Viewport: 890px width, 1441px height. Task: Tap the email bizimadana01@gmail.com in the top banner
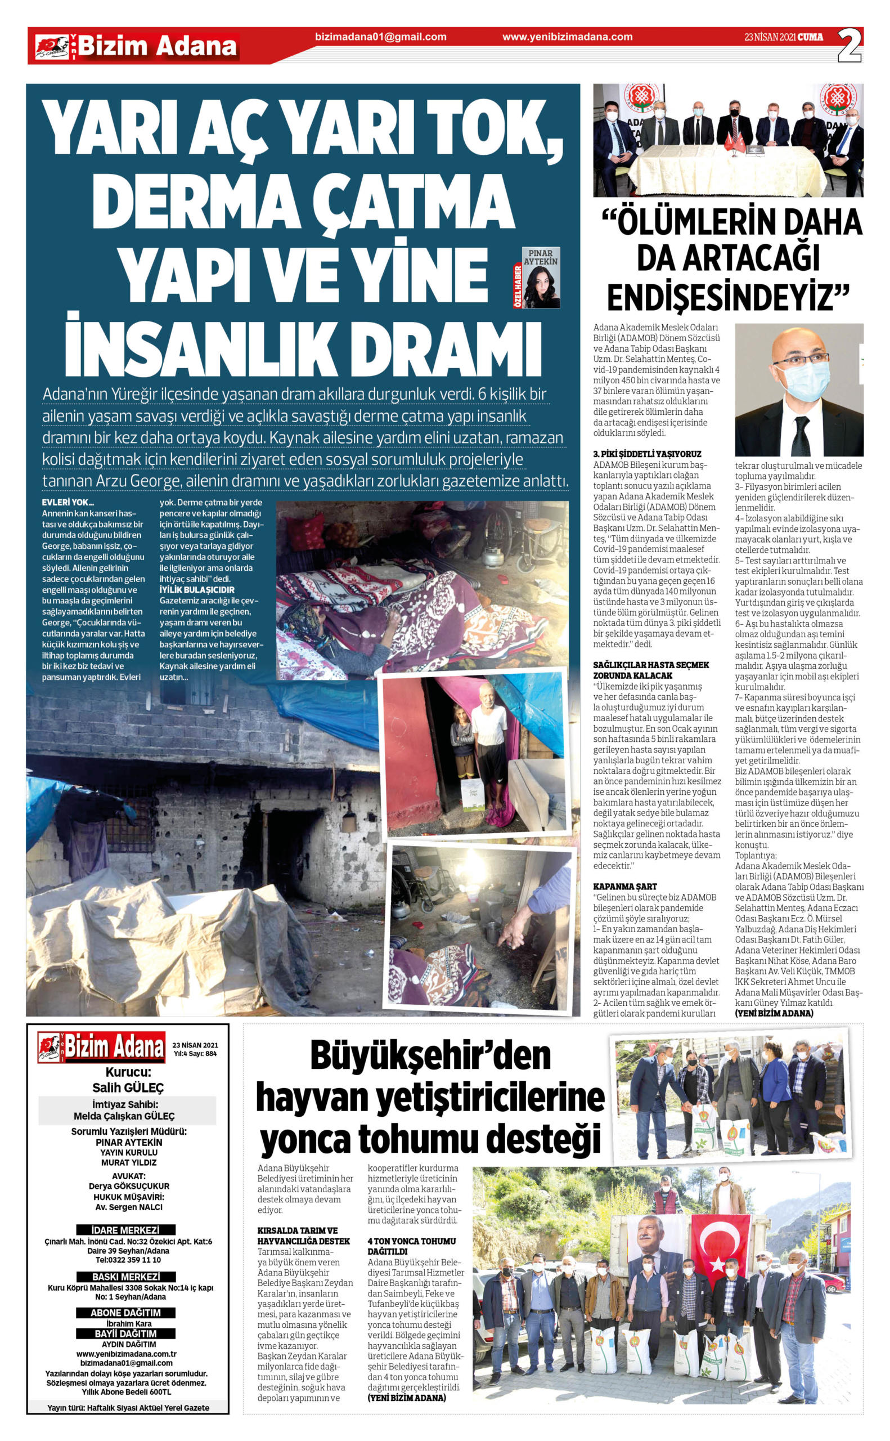coord(381,37)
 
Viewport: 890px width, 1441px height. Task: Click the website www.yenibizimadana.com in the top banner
coord(568,37)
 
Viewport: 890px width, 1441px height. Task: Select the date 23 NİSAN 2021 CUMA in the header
coord(784,37)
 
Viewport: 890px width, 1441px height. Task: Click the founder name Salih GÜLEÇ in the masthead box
coord(128,1087)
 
